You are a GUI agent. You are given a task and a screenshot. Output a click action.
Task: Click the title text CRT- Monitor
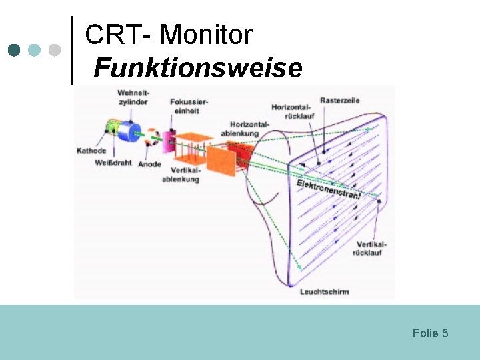point(169,35)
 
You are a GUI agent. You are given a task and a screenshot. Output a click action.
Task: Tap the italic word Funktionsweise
point(198,67)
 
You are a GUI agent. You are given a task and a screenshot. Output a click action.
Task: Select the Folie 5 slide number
point(430,333)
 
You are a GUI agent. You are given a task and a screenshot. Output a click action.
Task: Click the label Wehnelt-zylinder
point(133,97)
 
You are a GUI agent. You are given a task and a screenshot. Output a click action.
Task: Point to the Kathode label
point(91,151)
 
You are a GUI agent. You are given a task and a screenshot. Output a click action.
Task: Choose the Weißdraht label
point(113,163)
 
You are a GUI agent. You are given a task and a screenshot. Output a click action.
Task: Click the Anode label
point(149,164)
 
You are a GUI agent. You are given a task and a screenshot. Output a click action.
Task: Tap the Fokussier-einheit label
point(189,106)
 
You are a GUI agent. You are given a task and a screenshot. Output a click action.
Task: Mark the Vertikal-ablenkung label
point(180,175)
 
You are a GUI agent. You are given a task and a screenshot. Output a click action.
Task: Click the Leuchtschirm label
point(324,291)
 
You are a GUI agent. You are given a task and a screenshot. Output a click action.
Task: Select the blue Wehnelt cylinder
point(131,131)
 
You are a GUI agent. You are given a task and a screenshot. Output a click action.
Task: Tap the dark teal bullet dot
point(13,50)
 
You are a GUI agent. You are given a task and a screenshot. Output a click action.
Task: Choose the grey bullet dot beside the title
point(55,50)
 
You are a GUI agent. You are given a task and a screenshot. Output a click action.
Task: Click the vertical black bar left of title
point(72,51)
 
